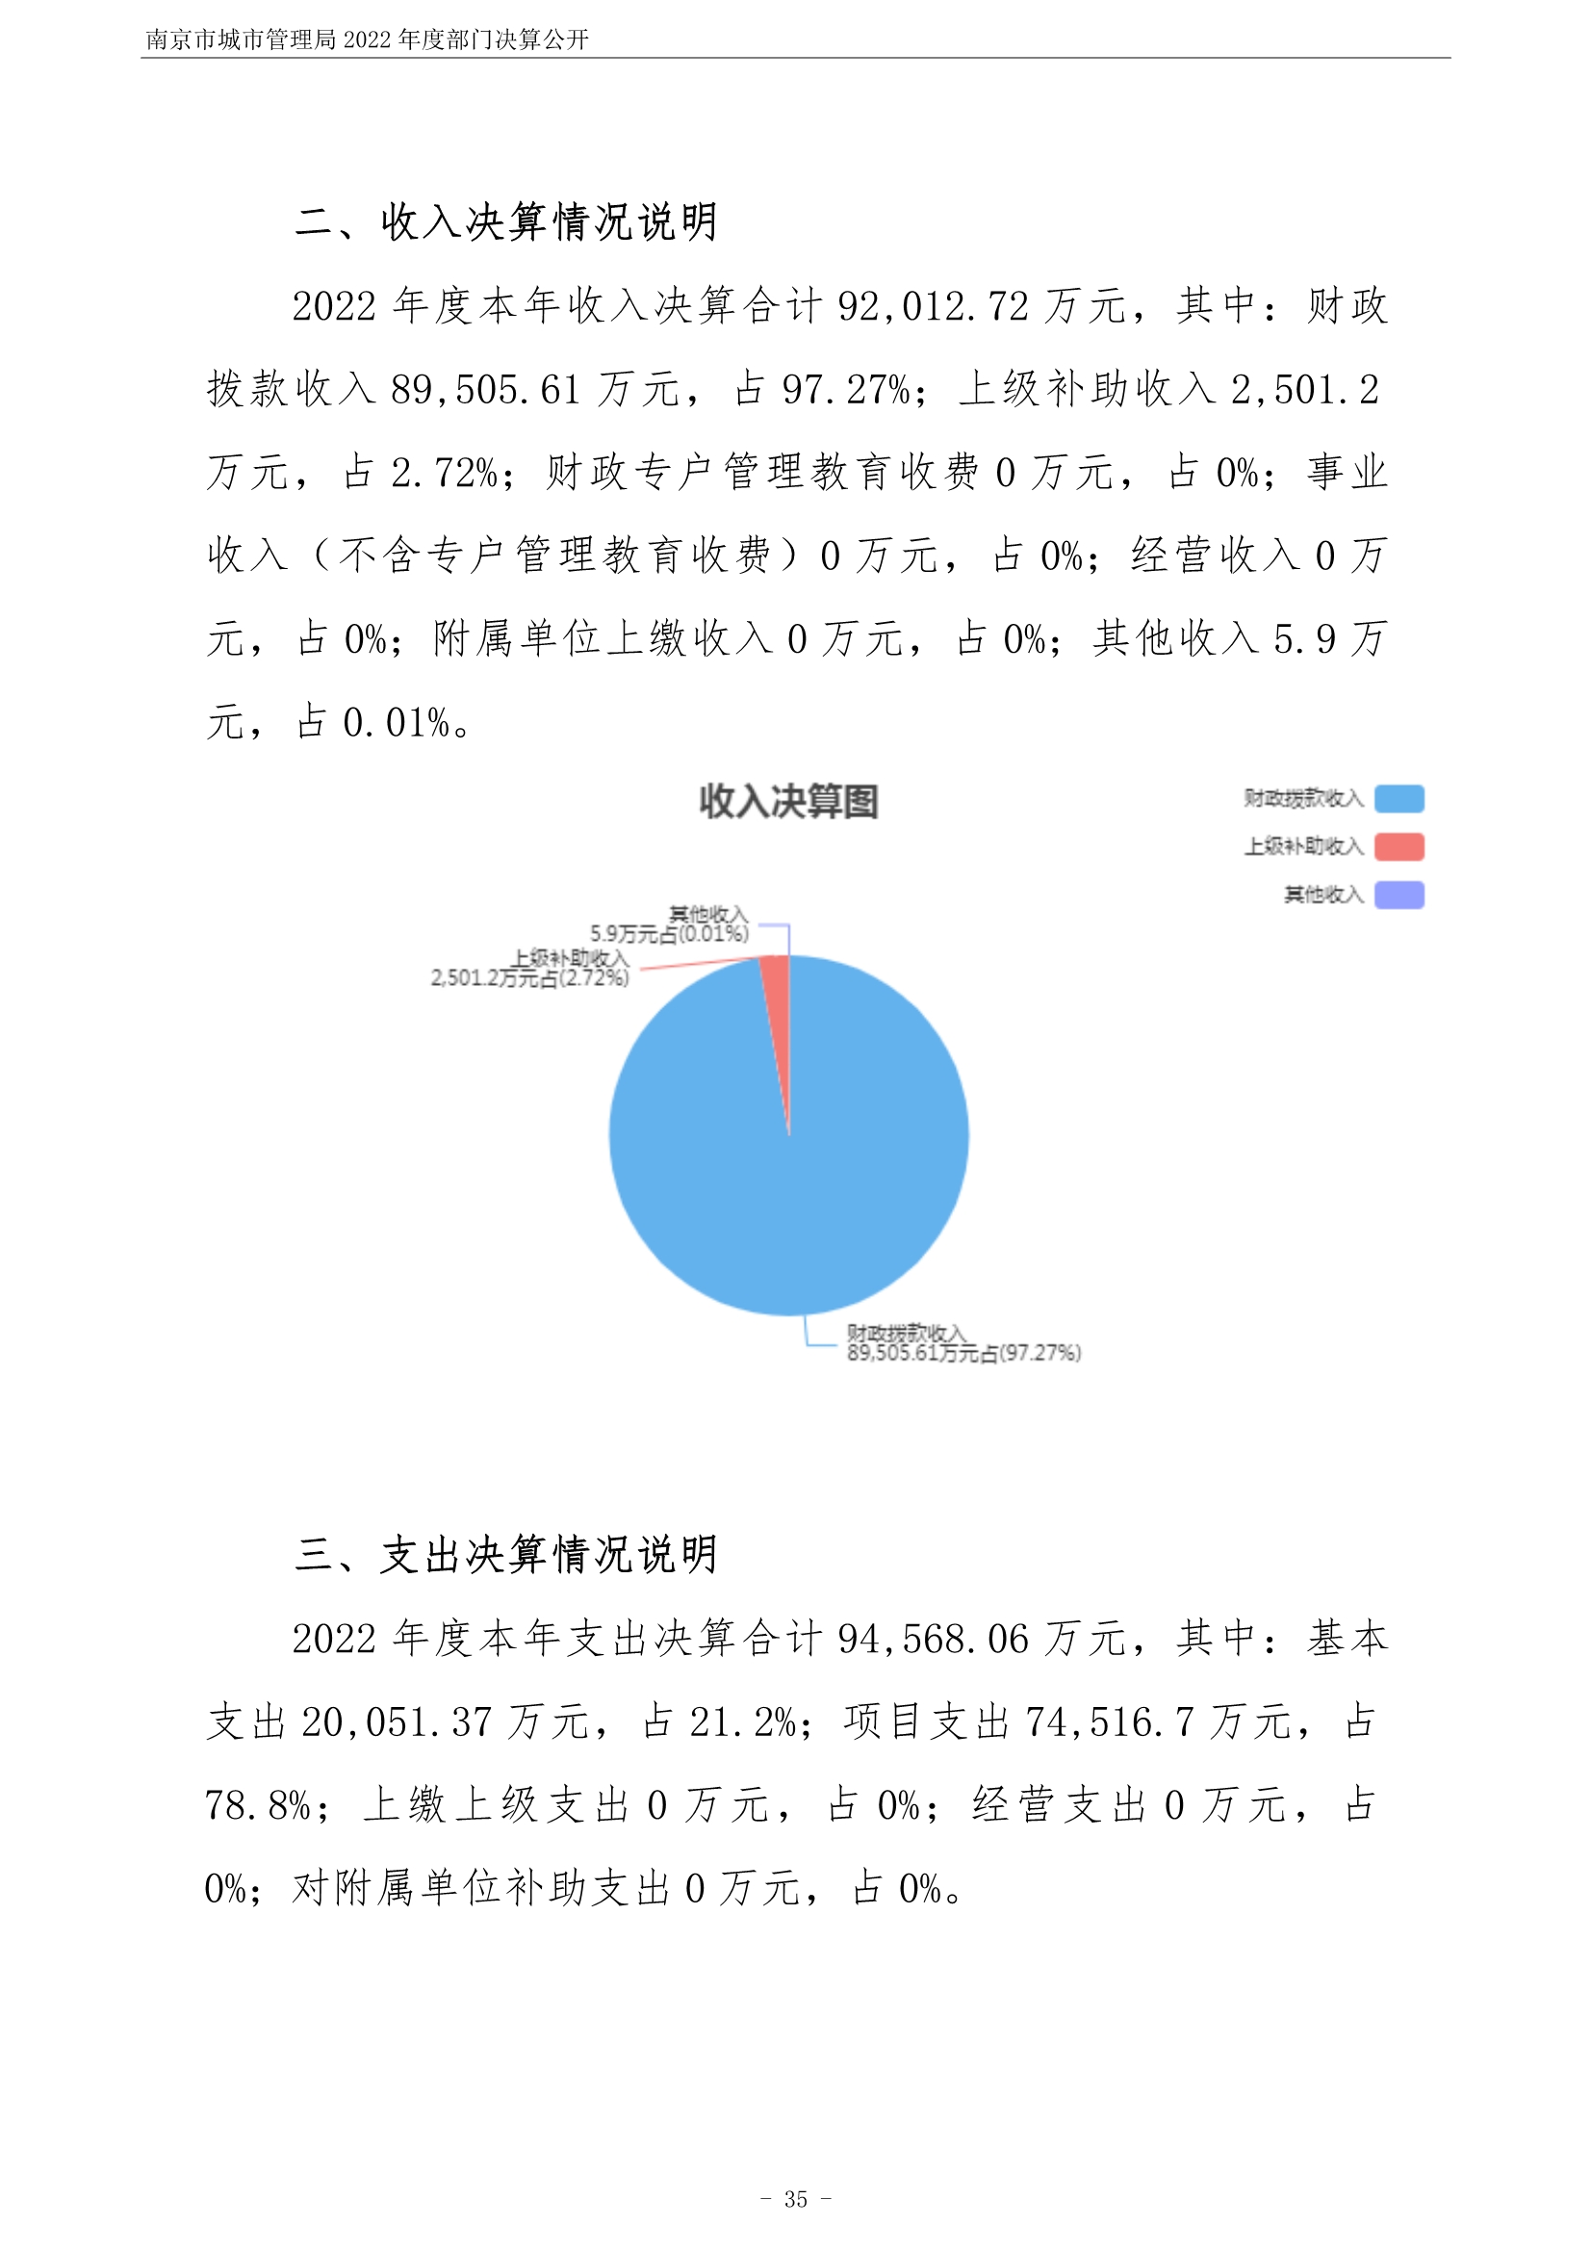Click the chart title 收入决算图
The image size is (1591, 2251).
coord(788,801)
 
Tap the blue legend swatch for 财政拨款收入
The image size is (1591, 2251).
coord(1398,799)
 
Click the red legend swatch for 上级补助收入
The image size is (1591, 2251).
coord(1398,846)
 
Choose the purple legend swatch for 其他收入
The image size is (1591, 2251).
coord(1398,894)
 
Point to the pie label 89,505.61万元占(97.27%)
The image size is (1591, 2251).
coord(963,1354)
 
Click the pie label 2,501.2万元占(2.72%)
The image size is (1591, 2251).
coord(529,977)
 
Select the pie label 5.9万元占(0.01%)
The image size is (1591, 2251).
coord(669,933)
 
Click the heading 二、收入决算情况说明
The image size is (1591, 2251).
coord(506,221)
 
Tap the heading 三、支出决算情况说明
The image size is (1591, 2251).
coord(506,1555)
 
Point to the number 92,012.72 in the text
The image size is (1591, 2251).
coord(933,307)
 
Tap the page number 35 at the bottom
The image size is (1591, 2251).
coord(795,2199)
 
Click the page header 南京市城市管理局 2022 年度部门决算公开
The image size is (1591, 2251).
coord(367,39)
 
